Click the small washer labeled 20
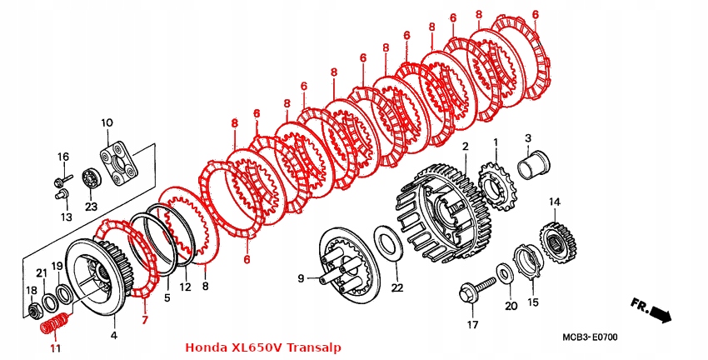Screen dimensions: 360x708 [x=505, y=273]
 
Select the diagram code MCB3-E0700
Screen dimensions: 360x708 [x=589, y=337]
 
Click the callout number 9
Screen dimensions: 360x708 [x=302, y=277]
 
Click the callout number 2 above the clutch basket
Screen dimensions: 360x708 [x=465, y=147]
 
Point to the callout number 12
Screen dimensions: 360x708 [x=186, y=287]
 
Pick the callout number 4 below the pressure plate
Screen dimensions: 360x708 [x=114, y=336]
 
